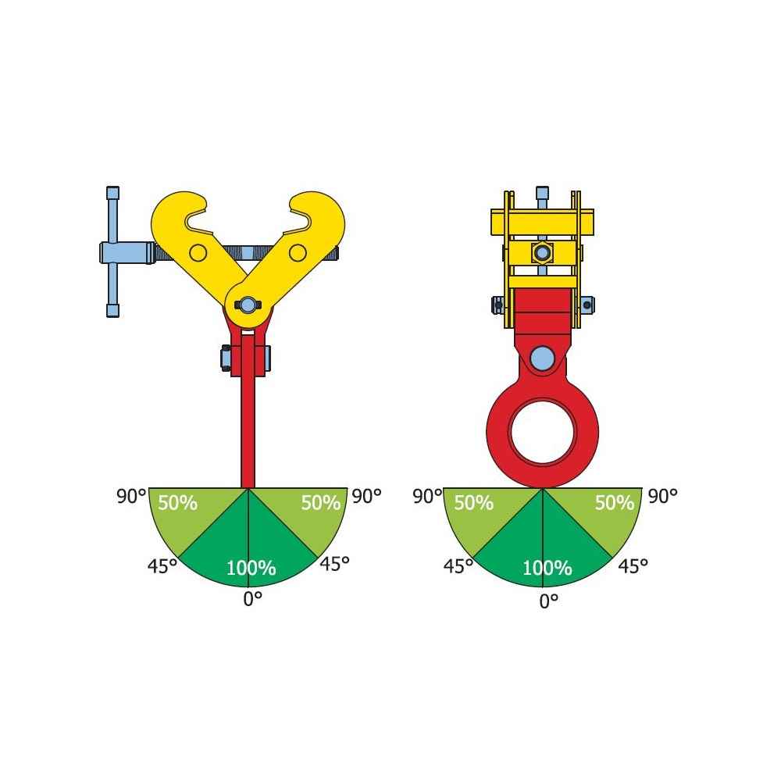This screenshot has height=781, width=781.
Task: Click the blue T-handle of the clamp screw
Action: coord(113,252)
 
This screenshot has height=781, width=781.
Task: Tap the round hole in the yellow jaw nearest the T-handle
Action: coord(198,252)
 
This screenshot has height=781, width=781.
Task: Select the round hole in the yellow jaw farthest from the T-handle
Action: coord(298,252)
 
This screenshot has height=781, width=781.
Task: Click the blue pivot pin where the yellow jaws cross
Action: coord(248,305)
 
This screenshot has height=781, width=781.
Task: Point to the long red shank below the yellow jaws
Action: coord(248,422)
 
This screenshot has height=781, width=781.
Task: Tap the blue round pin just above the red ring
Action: coord(542,358)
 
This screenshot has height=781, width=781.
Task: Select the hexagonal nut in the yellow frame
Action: coord(542,252)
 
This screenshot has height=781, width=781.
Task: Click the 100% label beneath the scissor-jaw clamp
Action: coord(251,569)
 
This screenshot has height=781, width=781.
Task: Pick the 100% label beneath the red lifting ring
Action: coord(547,569)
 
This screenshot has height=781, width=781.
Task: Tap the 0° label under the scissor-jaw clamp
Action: coord(251,598)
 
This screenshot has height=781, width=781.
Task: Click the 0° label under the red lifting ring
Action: coord(549,600)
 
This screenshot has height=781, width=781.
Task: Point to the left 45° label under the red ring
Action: coord(458,566)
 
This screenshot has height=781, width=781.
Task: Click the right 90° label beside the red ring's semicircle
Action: coord(662,495)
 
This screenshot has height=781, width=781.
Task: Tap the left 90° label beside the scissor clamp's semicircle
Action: coord(132,496)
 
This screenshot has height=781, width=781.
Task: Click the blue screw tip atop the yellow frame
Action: coord(542,194)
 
